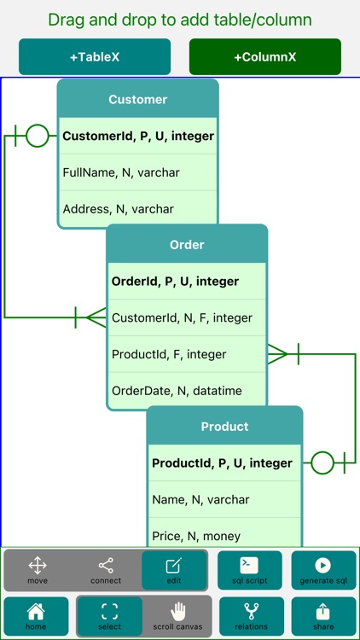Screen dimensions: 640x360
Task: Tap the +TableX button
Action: pyautogui.click(x=94, y=57)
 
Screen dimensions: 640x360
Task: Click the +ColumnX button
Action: pyautogui.click(x=264, y=57)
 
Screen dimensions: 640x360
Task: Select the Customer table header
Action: pyautogui.click(x=137, y=99)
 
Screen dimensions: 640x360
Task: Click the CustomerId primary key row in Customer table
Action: pyautogui.click(x=137, y=136)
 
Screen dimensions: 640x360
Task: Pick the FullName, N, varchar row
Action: pyautogui.click(x=137, y=172)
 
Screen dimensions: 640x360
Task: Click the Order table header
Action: pyautogui.click(x=187, y=244)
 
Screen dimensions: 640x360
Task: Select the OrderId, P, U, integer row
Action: pyautogui.click(x=187, y=281)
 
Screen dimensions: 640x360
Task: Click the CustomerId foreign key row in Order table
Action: pyautogui.click(x=187, y=317)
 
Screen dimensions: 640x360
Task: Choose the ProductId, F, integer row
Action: pyautogui.click(x=187, y=354)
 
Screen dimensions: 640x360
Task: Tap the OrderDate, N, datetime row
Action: pyautogui.click(x=187, y=391)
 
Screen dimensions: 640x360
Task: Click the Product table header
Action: pyautogui.click(x=224, y=426)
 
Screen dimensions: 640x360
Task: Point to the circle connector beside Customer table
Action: pyautogui.click(x=37, y=136)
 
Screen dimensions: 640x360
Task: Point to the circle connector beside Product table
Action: pyautogui.click(x=322, y=463)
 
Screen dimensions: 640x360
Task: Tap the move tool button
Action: pyautogui.click(x=38, y=570)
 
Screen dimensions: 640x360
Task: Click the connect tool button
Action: pyautogui.click(x=106, y=570)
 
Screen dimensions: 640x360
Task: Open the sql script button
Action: pyautogui.click(x=249, y=570)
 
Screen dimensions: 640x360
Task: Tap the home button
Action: pyautogui.click(x=36, y=615)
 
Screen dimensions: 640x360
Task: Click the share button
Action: pyautogui.click(x=323, y=615)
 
